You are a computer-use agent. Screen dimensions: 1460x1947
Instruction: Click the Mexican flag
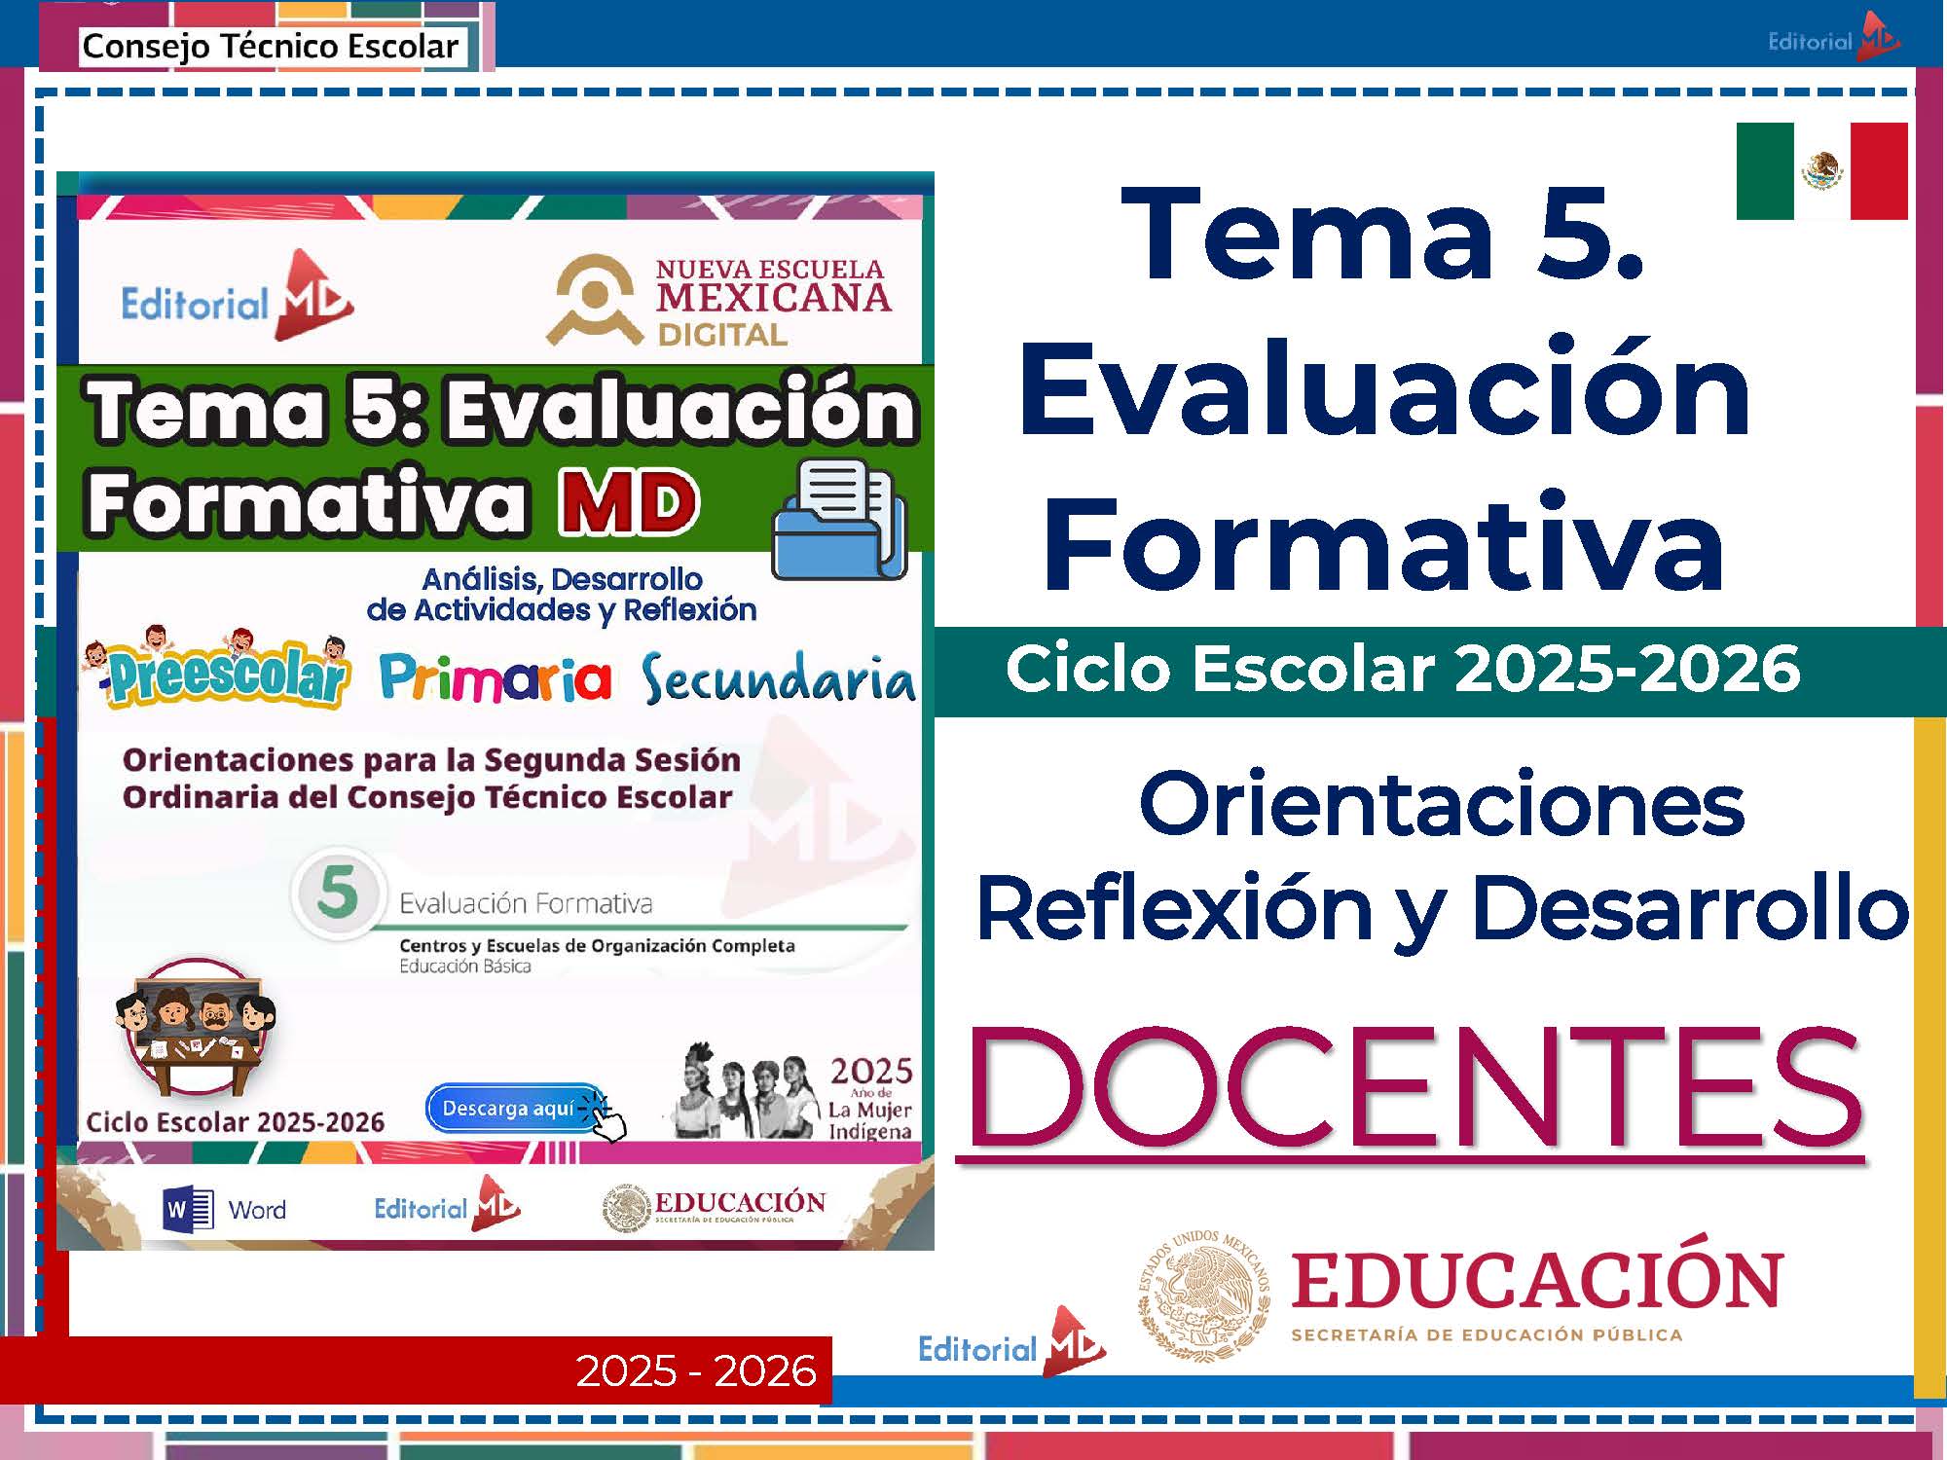(1821, 171)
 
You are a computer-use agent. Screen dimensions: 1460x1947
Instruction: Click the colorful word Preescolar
(224, 672)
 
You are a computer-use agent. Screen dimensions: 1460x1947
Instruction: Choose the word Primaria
(495, 678)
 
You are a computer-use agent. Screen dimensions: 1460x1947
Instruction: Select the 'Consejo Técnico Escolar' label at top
(270, 46)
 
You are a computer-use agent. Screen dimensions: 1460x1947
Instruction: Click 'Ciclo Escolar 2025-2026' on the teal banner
(1402, 670)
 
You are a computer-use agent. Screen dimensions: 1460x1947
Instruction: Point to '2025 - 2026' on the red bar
(695, 1370)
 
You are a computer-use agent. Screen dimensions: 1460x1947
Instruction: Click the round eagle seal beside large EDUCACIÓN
(1204, 1294)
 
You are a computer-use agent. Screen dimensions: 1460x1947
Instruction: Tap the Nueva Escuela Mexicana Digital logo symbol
(595, 299)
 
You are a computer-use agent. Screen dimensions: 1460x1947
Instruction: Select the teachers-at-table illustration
(196, 1027)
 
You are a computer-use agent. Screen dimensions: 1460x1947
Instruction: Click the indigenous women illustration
(746, 1092)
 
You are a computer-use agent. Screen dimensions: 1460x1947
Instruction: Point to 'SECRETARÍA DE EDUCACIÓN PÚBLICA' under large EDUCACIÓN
(1486, 1335)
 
